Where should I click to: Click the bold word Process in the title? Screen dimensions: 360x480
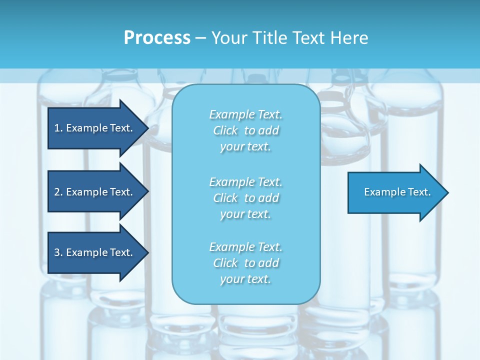[157, 38]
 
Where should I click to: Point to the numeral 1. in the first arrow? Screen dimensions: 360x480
[58, 128]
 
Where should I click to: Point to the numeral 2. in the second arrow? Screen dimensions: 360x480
[58, 192]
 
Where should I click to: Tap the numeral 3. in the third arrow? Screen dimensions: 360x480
[58, 252]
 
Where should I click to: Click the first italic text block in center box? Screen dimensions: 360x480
[245, 130]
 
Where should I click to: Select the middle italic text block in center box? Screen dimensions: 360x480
[245, 198]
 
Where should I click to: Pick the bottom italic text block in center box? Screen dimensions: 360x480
[245, 263]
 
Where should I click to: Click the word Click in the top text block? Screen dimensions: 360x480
[225, 130]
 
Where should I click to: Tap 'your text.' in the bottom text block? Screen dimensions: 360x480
[245, 279]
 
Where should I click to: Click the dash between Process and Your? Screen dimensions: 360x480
[200, 38]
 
